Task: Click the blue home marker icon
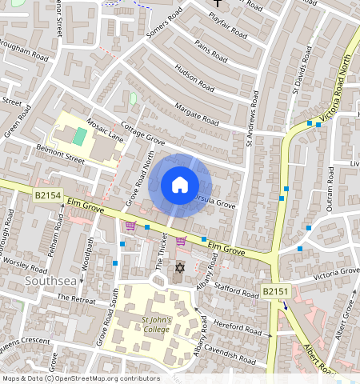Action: coord(180,185)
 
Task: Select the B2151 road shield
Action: coord(274,293)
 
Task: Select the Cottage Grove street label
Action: coord(142,136)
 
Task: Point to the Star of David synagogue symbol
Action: coord(179,267)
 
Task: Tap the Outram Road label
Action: coord(329,193)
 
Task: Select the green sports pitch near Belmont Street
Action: coord(78,136)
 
